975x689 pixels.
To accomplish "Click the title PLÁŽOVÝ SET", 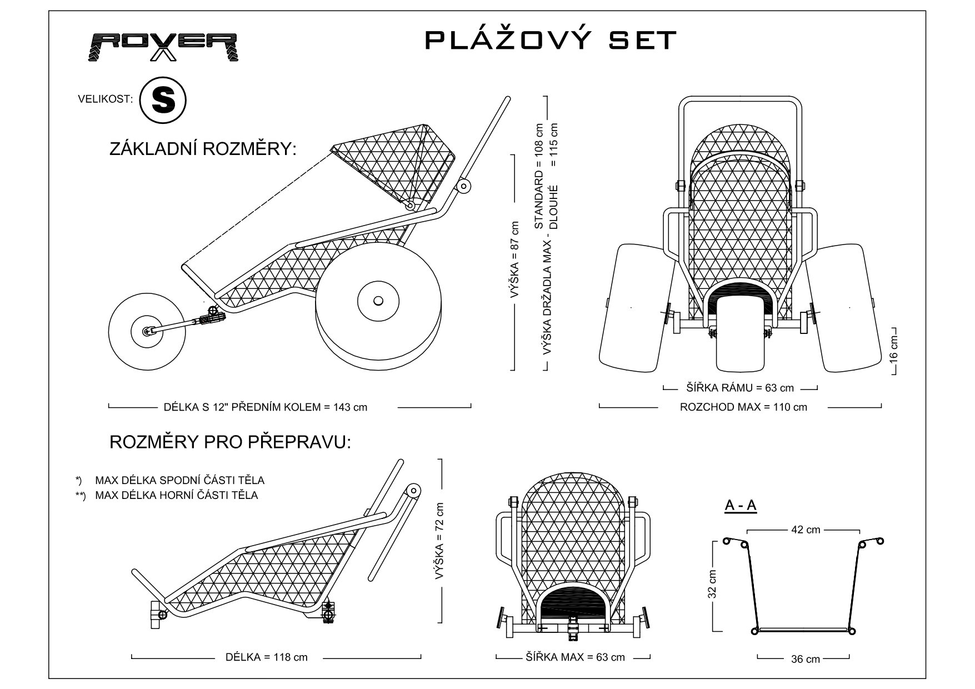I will pyautogui.click(x=551, y=40).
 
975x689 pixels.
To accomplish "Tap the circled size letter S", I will pyautogui.click(x=162, y=100).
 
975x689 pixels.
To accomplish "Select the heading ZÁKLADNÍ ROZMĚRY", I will pyautogui.click(x=203, y=149).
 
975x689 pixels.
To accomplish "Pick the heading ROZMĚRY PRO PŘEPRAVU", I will pyautogui.click(x=231, y=442).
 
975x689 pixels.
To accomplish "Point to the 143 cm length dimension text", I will pyautogui.click(x=266, y=407).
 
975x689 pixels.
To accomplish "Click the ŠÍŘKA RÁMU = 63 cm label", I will pyautogui.click(x=740, y=388).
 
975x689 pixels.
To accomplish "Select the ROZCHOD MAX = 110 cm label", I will pyautogui.click(x=743, y=407).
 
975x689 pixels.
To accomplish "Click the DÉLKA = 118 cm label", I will pyautogui.click(x=266, y=657).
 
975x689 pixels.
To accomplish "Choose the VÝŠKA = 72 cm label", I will pyautogui.click(x=439, y=541).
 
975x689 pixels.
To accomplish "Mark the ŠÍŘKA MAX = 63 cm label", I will pyautogui.click(x=575, y=657).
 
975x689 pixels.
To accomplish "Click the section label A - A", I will pyautogui.click(x=741, y=505).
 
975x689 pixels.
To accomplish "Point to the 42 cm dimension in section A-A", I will pyautogui.click(x=806, y=530).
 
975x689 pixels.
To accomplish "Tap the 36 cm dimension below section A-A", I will pyautogui.click(x=806, y=659).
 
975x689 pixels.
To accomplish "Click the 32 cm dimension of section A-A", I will pyautogui.click(x=713, y=585).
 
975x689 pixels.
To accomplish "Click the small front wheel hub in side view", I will pyautogui.click(x=147, y=331).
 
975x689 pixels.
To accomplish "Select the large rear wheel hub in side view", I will pyautogui.click(x=378, y=301).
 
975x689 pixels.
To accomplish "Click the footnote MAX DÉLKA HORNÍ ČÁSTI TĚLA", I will pyautogui.click(x=176, y=495).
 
